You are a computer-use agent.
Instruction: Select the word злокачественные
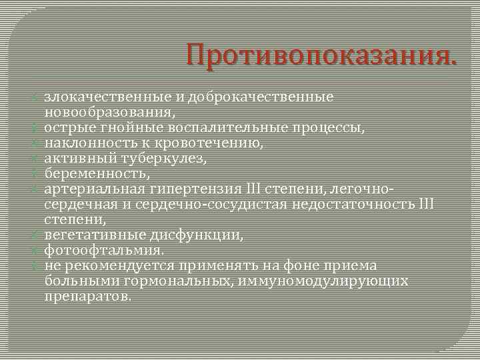pyautogui.click(x=107, y=97)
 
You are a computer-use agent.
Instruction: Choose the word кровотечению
pyautogui.click(x=217, y=143)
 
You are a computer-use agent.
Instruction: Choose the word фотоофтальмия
pyautogui.click(x=104, y=251)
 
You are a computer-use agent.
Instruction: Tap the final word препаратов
pyautogui.click(x=87, y=296)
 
